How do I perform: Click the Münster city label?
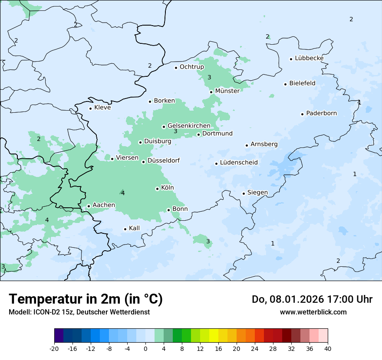227,91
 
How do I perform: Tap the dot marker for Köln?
157,189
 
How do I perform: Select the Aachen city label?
104,205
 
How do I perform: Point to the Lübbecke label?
309,58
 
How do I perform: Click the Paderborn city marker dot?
302,114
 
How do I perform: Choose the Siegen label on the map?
257,193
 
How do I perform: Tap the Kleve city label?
102,108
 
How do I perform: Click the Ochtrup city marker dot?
176,68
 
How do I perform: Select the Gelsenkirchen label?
189,126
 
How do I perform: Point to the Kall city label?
134,228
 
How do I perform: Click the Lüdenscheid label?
239,163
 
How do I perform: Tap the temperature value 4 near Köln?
123,193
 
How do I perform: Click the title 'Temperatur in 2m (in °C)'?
86,299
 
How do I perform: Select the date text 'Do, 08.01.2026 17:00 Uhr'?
312,299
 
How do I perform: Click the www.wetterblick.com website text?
313,312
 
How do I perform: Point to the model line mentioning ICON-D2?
79,312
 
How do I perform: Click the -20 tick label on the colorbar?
54,348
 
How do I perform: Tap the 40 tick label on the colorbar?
328,348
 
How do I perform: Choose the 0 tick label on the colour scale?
145,348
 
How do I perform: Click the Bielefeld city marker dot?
285,84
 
